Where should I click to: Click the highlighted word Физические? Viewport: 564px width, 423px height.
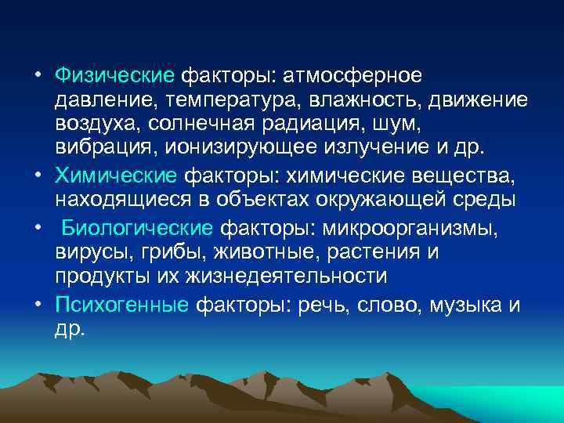(x=114, y=76)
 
